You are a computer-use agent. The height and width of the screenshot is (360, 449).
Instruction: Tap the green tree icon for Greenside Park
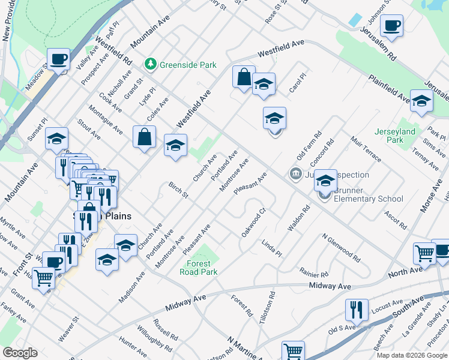150,64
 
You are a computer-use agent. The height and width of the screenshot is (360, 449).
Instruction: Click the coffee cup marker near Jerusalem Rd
391,26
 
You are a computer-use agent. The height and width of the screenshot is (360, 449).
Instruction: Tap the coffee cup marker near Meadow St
59,60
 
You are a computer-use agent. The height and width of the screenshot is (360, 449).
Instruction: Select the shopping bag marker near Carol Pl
244,77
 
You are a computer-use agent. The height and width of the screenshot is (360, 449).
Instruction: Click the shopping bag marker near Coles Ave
145,137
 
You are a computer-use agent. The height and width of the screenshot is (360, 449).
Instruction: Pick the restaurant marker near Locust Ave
357,310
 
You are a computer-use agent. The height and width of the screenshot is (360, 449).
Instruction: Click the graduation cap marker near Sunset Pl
56,139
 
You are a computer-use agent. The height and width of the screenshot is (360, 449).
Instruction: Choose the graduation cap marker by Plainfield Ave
421,101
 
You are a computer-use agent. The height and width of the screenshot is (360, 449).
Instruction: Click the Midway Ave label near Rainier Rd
330,287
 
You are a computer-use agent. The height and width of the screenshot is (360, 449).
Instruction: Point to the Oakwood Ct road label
253,222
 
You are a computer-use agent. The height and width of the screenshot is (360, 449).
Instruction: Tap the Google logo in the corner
19,353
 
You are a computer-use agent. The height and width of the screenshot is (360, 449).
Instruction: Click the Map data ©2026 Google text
412,355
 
